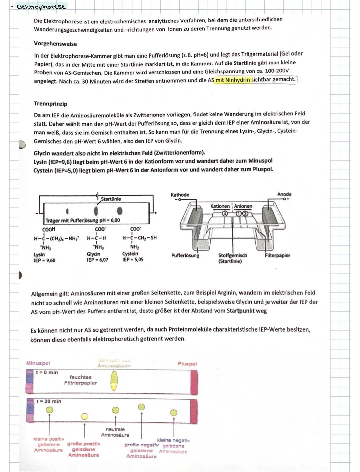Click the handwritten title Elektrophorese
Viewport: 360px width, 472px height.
click(41, 7)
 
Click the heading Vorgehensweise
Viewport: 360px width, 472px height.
click(55, 44)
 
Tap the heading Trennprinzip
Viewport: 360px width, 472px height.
click(50, 104)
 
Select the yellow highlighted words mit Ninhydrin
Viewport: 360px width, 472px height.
click(232, 80)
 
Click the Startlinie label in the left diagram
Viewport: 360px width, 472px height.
click(111, 199)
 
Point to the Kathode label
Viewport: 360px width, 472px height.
click(180, 195)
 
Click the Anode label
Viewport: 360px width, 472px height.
click(284, 194)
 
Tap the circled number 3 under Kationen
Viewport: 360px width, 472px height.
click(225, 214)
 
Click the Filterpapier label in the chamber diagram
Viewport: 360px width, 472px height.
click(277, 255)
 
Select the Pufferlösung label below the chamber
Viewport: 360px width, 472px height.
click(185, 255)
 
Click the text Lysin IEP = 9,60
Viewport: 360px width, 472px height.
click(44, 257)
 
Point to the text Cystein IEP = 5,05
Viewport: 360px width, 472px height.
click(133, 256)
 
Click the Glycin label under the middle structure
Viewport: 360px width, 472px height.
click(93, 254)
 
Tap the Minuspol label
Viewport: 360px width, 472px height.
click(38, 363)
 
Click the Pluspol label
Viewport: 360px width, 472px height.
click(187, 364)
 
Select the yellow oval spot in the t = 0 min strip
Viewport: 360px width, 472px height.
click(114, 381)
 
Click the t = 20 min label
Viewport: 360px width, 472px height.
click(49, 401)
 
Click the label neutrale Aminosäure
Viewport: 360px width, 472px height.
click(115, 432)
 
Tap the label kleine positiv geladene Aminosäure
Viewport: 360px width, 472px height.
click(49, 445)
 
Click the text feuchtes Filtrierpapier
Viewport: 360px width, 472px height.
click(81, 380)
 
